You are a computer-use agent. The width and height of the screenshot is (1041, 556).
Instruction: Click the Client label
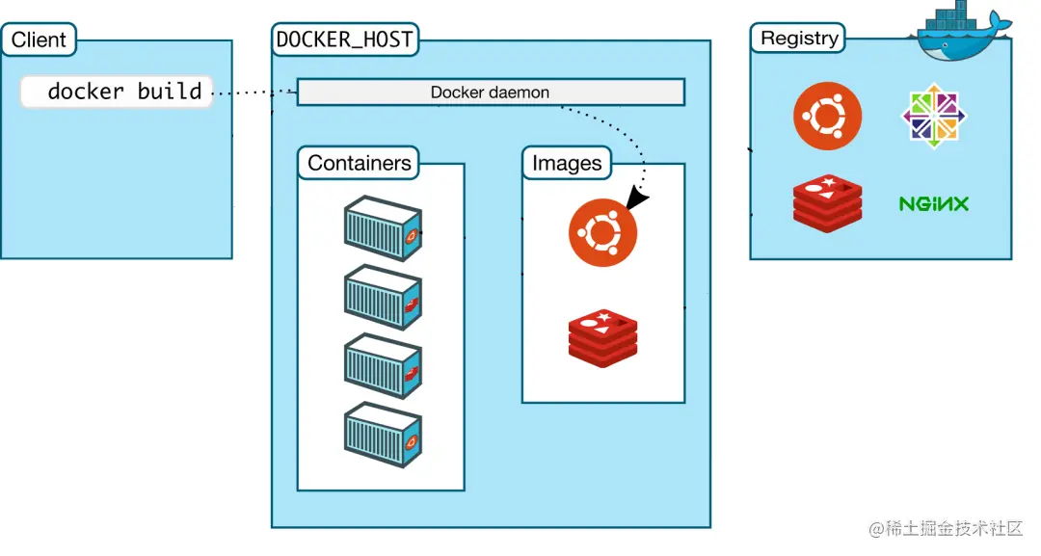[x=39, y=40]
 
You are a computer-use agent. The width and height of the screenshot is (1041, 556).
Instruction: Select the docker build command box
[x=117, y=92]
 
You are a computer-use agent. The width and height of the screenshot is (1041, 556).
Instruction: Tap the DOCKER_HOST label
[x=344, y=40]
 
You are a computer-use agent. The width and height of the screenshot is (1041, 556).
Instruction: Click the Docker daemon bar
[x=490, y=93]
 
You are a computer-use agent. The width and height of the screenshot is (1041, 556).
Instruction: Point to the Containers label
[x=359, y=163]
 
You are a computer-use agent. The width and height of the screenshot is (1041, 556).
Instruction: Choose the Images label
[x=567, y=164]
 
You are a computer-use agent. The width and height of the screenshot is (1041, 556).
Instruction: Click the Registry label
[x=799, y=39]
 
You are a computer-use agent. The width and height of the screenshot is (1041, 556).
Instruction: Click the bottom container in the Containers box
[x=383, y=435]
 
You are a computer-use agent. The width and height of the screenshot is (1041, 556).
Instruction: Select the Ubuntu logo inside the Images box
[x=602, y=232]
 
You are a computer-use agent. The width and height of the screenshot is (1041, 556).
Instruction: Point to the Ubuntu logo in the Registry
[x=827, y=117]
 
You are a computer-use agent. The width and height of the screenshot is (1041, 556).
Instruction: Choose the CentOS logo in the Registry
[x=934, y=117]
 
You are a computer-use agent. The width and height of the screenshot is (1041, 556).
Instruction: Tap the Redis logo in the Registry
[x=827, y=203]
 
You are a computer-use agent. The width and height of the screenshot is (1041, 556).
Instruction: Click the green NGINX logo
[x=933, y=204]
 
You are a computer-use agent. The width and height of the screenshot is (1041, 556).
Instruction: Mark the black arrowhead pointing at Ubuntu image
[x=637, y=199]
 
